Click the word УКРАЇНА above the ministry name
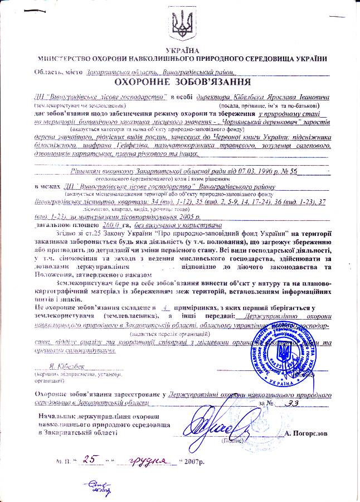point(181,51)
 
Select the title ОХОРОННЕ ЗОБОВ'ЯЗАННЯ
point(181,82)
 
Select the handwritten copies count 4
point(163,307)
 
